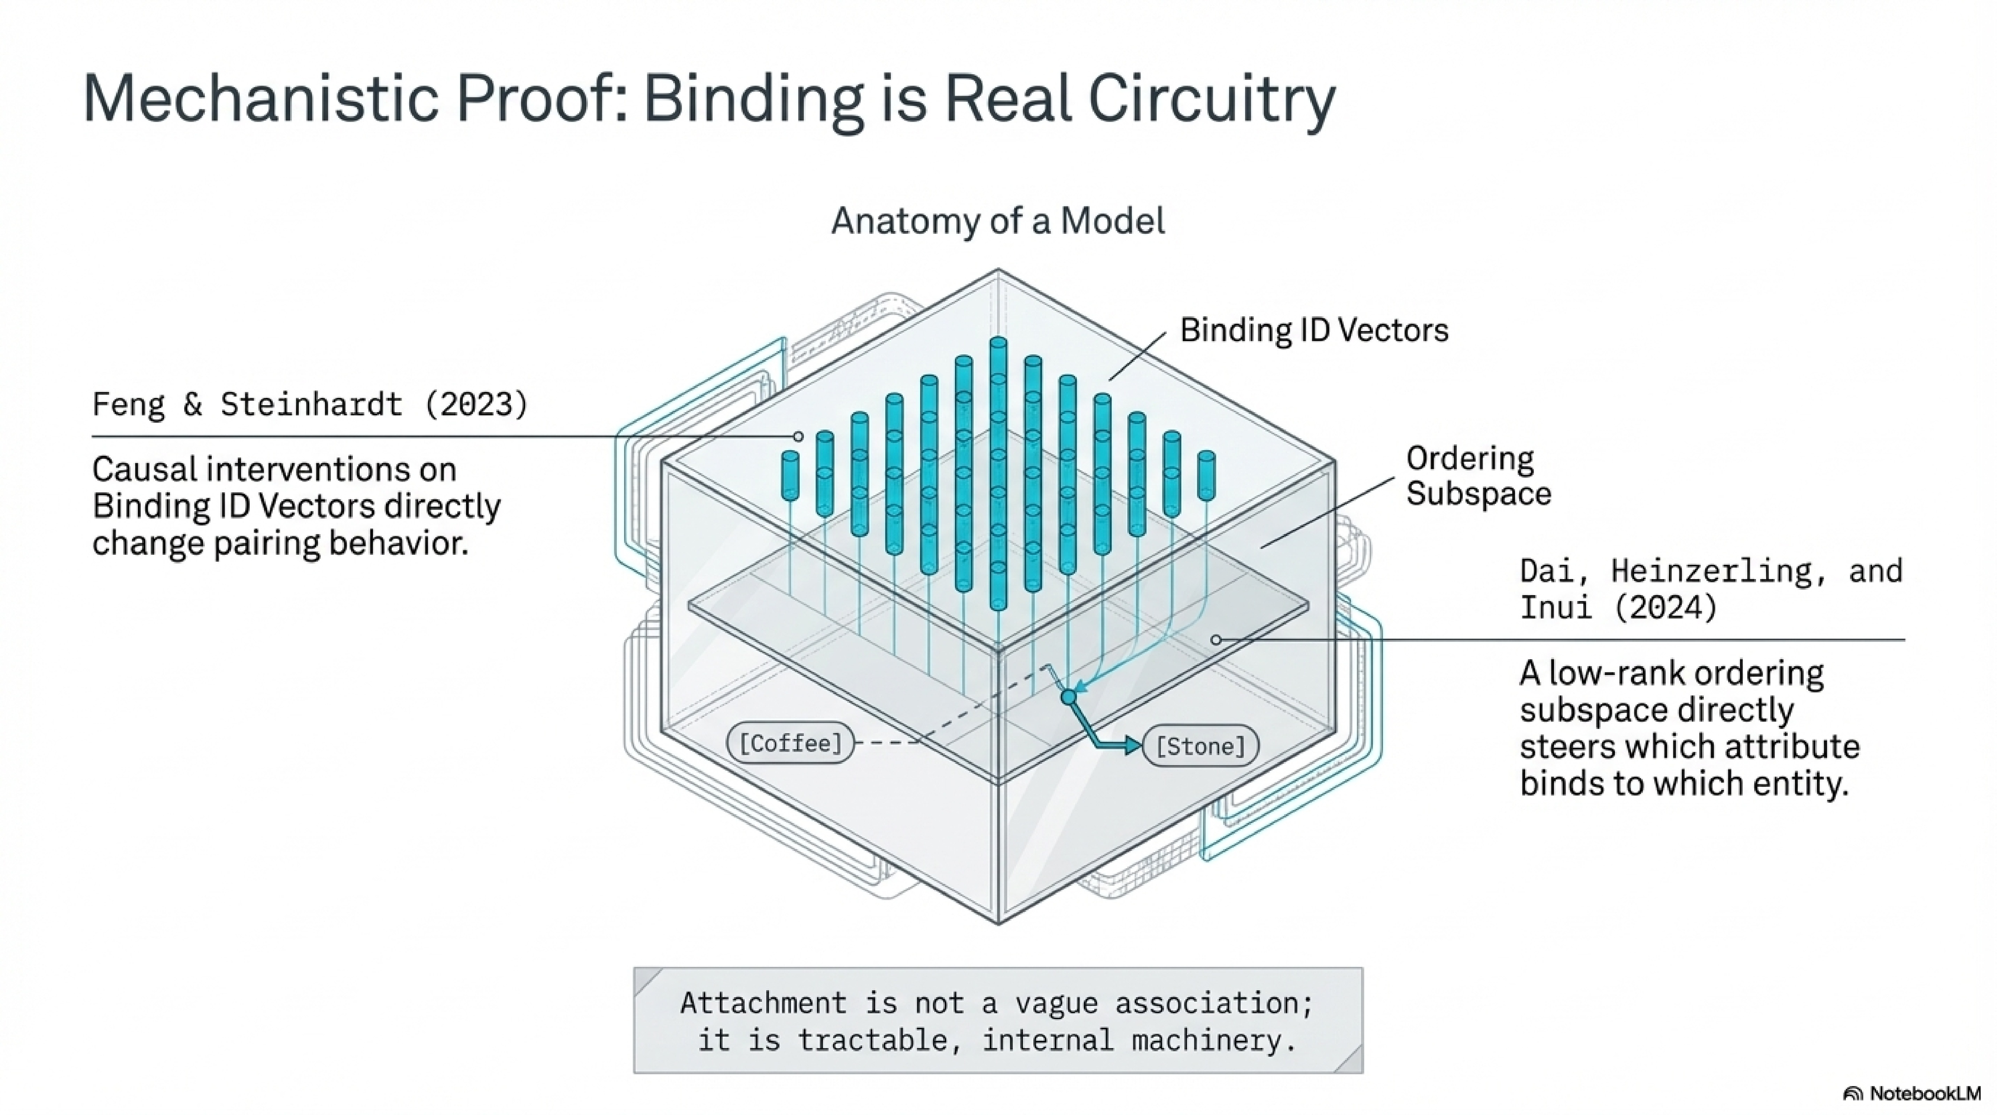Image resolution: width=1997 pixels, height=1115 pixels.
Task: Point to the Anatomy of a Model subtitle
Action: [998, 221]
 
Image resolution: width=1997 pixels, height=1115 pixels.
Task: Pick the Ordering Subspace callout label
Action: [1478, 476]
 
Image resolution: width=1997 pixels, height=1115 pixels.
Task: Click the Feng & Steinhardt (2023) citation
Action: [310, 404]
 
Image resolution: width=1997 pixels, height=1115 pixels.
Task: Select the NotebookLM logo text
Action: [1924, 1093]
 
